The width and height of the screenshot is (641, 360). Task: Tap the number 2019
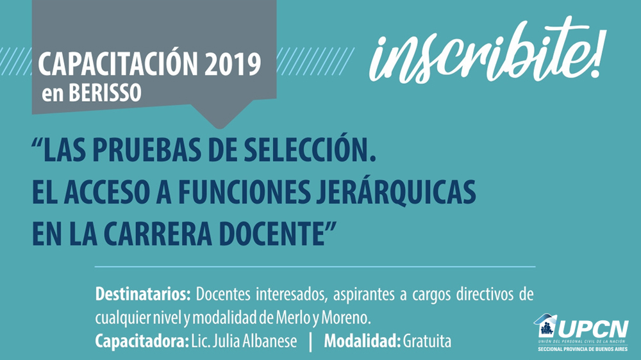point(233,64)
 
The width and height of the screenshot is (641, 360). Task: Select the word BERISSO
point(104,93)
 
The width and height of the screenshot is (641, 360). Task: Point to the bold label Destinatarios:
point(143,294)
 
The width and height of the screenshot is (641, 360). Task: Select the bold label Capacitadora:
point(142,341)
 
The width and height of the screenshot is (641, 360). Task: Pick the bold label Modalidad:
point(362,341)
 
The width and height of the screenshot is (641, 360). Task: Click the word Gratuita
point(427,341)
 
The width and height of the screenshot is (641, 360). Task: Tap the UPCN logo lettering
point(594,329)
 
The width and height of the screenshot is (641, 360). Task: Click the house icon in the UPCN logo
point(545,325)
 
